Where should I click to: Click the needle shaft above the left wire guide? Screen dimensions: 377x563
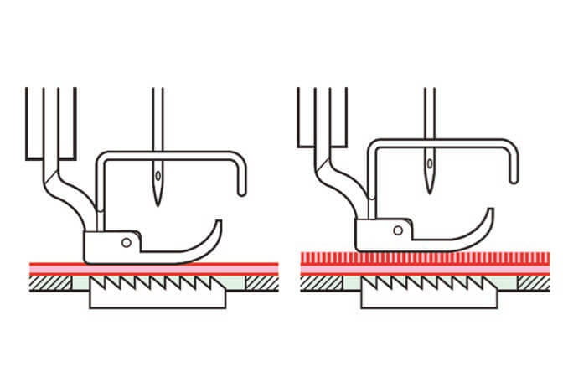pyautogui.click(x=155, y=117)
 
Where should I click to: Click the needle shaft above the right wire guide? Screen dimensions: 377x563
pyautogui.click(x=428, y=109)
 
